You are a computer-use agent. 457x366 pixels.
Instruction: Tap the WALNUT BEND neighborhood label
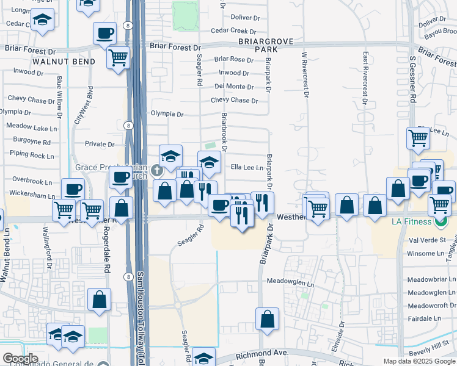coord(64,62)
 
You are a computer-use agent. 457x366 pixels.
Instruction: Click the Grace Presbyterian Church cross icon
coord(156,170)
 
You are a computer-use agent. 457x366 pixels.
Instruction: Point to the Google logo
coord(20,359)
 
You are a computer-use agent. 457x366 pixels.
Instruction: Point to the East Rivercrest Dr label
coord(365,74)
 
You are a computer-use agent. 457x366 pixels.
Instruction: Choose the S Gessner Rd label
coord(413,80)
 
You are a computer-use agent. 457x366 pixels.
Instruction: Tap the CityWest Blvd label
coord(79,108)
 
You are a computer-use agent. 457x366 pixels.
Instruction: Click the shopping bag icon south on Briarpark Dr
coord(268,318)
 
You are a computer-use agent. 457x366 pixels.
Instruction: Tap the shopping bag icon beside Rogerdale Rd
coord(100,300)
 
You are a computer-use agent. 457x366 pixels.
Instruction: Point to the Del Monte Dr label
coord(235,87)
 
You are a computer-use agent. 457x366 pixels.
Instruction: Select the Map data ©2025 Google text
coord(419,361)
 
